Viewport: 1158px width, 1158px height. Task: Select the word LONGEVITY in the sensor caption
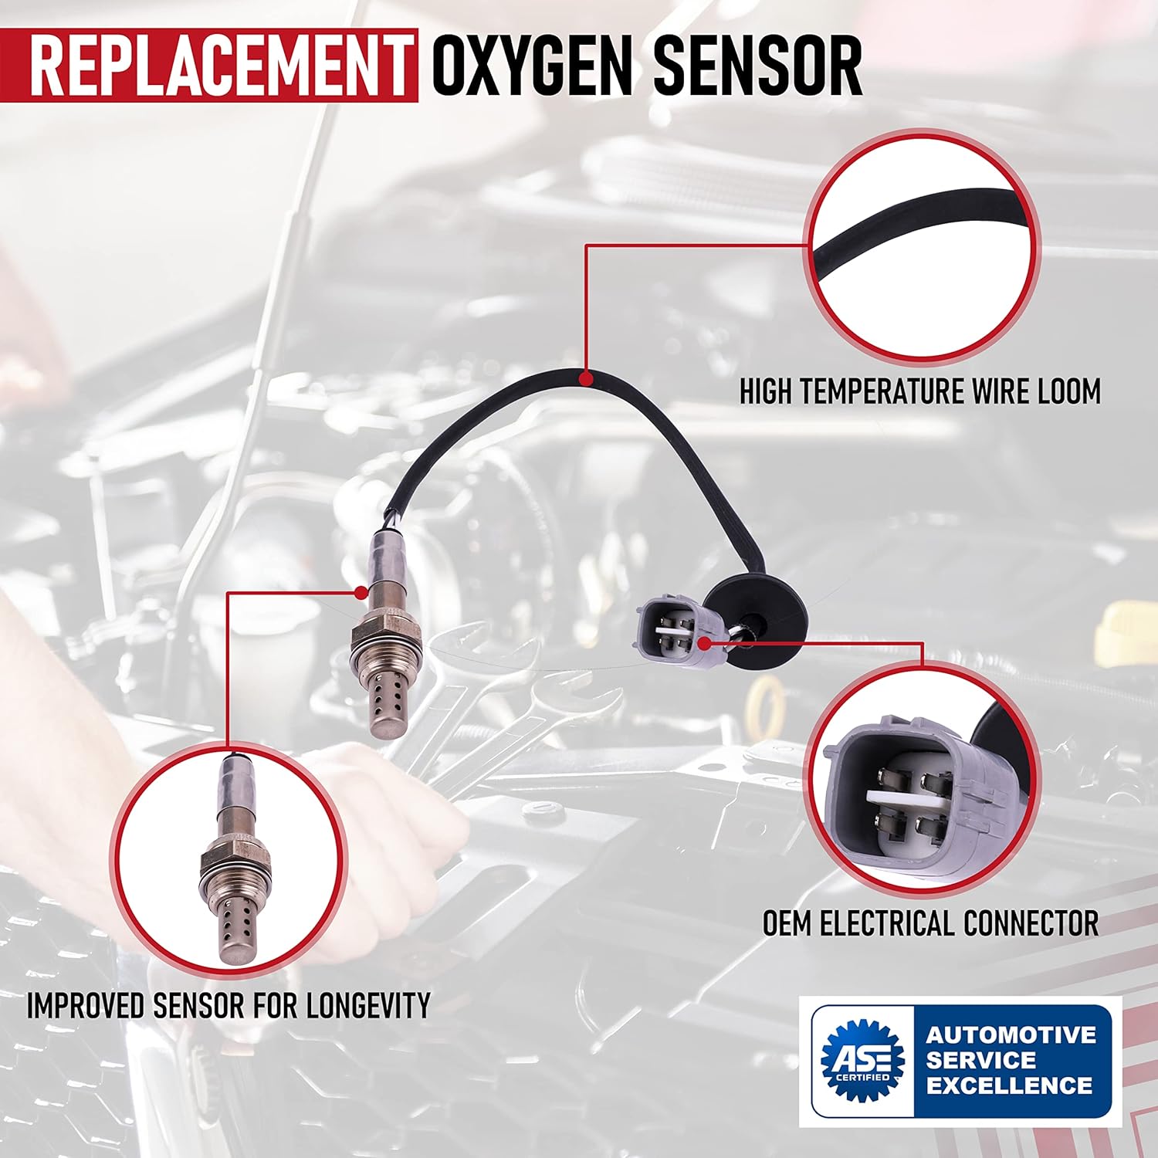click(x=367, y=1005)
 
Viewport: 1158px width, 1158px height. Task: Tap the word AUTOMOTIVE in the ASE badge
click(x=1011, y=1034)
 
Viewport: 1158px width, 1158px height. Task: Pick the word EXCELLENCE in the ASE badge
click(x=1010, y=1085)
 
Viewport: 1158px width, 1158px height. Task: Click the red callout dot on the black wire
click(x=586, y=379)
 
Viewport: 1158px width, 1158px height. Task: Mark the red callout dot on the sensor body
click(x=361, y=592)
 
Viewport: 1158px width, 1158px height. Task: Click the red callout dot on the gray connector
click(x=703, y=642)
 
